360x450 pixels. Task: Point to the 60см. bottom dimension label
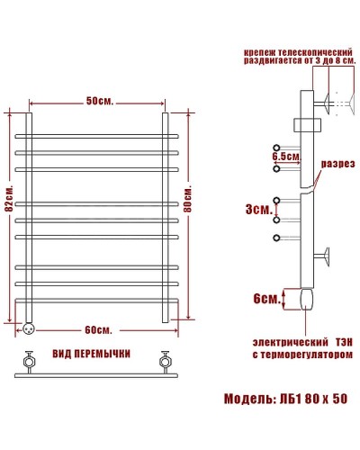98,329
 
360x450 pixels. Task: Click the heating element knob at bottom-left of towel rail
30,328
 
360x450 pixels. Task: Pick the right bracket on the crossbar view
165,363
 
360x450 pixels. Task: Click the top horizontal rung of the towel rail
98,134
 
